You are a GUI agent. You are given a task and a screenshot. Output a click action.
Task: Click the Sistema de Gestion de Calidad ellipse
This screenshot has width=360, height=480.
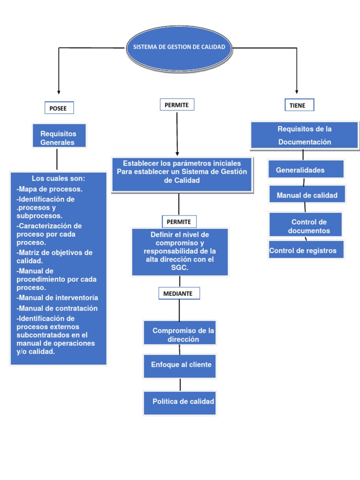[179, 48]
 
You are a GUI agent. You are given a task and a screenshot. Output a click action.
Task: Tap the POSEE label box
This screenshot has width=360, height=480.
[59, 108]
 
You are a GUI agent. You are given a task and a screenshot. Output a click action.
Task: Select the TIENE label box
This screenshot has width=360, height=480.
[299, 105]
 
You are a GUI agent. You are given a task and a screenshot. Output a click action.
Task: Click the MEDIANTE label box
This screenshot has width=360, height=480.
[179, 293]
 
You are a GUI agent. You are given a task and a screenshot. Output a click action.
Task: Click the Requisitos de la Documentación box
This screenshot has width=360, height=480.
[304, 135]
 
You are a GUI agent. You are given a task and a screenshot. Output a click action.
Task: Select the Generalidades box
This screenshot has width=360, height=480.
[306, 170]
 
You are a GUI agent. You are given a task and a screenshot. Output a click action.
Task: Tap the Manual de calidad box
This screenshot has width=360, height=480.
[307, 195]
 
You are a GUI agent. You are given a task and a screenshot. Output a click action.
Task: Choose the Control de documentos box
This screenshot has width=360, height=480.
[306, 225]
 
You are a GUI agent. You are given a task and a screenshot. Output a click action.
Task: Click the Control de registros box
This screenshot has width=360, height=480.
[306, 250]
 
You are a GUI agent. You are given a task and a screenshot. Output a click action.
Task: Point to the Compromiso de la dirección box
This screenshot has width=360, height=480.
[180, 334]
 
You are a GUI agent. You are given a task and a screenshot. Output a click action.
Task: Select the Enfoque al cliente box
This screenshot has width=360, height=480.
[180, 366]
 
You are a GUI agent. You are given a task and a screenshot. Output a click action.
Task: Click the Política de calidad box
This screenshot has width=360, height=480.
[180, 402]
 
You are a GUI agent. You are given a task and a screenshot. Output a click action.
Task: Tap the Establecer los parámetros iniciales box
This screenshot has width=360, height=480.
[182, 174]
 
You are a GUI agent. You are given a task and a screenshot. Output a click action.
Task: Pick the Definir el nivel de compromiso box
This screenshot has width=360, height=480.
[180, 251]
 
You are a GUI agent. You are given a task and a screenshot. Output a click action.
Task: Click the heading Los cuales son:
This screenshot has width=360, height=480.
[59, 179]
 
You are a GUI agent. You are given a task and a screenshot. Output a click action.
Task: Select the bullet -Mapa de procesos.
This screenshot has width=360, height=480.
[50, 189]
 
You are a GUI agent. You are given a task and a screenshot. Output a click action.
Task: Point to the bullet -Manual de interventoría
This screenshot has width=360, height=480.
[57, 298]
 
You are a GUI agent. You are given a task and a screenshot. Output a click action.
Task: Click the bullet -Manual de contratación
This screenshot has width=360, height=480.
[57, 308]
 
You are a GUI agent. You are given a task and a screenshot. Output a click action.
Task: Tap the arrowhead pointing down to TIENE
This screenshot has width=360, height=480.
[297, 91]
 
